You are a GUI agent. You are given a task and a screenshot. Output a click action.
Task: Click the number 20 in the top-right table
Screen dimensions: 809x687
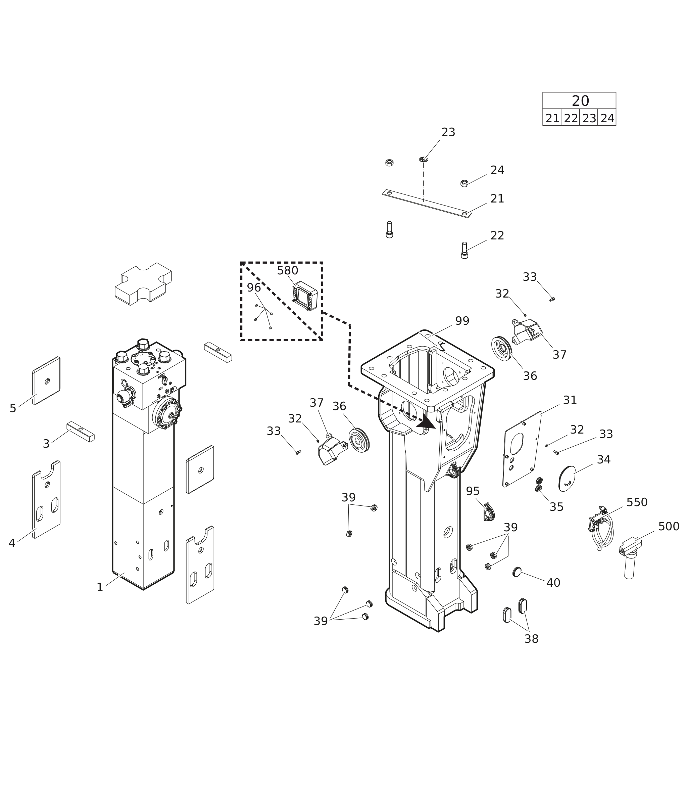point(580,101)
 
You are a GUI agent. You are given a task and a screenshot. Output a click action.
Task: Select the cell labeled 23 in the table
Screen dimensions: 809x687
point(589,118)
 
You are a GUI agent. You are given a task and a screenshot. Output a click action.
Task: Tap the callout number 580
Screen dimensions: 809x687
point(287,270)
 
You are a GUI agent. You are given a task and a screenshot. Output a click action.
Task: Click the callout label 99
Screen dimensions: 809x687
point(462,321)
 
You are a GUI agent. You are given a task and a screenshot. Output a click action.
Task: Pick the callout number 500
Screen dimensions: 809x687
point(669,527)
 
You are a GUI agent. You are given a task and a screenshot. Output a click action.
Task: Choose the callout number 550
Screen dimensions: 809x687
point(637,502)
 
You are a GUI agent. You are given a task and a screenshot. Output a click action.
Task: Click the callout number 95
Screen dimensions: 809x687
point(473,491)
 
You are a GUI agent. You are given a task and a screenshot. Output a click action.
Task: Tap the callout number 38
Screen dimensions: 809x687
point(531,639)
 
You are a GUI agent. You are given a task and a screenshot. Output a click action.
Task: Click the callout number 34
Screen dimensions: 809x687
point(604,459)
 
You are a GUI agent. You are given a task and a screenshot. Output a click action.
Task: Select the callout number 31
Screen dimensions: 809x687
point(570,400)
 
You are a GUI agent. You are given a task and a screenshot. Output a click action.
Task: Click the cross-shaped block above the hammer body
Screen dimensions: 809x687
point(143,284)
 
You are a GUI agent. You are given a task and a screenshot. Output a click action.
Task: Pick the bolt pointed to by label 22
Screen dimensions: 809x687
point(464,250)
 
